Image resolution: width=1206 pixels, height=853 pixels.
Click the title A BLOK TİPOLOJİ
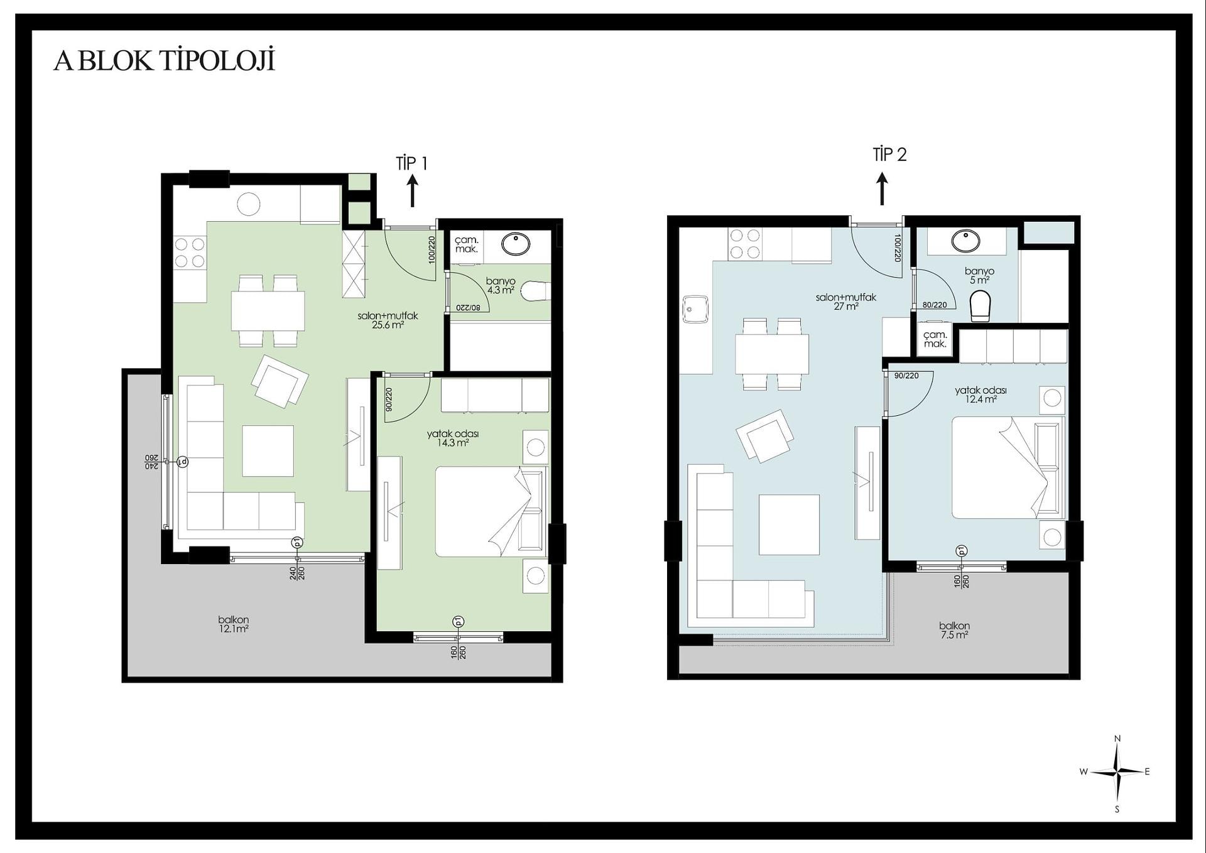165,61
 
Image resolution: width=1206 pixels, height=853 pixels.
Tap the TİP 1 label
412,163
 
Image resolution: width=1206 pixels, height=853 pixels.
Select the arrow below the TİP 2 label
882,189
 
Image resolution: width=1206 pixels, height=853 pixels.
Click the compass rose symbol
1117,773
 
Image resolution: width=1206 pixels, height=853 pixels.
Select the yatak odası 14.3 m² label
453,438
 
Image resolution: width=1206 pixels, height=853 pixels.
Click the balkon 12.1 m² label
233,624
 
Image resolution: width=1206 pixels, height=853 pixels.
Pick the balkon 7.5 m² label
954,630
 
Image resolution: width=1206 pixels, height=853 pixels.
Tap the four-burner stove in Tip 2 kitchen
745,244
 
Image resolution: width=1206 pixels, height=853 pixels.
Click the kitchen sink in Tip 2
696,310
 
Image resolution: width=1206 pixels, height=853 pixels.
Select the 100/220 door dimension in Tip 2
898,248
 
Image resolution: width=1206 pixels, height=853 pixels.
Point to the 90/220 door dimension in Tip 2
906,376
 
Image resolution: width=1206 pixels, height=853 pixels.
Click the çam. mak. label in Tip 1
467,244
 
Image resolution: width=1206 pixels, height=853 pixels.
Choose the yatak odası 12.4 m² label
981,394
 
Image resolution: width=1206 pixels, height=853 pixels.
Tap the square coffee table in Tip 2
789,525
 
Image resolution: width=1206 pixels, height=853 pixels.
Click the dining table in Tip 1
268,311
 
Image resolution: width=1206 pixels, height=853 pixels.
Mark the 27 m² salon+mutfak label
845,302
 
